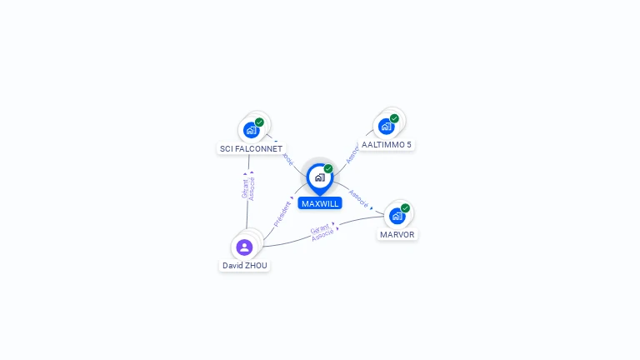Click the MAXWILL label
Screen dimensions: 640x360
point(320,203)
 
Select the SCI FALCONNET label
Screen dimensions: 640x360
point(251,148)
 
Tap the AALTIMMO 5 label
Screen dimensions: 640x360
point(387,144)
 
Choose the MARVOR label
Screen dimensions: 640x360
point(397,234)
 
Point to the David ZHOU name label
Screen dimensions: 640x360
point(245,265)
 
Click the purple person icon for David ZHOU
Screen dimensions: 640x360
point(244,247)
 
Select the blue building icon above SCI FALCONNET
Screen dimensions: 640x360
point(250,130)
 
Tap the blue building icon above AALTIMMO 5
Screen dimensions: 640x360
point(385,127)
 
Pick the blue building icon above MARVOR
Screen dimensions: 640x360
point(397,217)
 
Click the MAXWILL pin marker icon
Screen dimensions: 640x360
point(319,177)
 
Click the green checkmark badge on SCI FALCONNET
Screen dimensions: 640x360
point(259,122)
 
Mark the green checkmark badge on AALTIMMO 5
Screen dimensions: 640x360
point(394,118)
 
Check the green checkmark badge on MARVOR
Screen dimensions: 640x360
point(405,208)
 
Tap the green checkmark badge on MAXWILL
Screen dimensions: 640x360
point(328,169)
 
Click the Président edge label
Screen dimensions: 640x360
point(282,213)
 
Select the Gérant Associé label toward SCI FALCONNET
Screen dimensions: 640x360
point(248,188)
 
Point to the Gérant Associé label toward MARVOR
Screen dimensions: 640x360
point(322,232)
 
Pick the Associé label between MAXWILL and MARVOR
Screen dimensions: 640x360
point(358,198)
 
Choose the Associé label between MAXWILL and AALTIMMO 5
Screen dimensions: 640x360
point(352,152)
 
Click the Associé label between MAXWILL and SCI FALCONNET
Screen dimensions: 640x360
point(287,157)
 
